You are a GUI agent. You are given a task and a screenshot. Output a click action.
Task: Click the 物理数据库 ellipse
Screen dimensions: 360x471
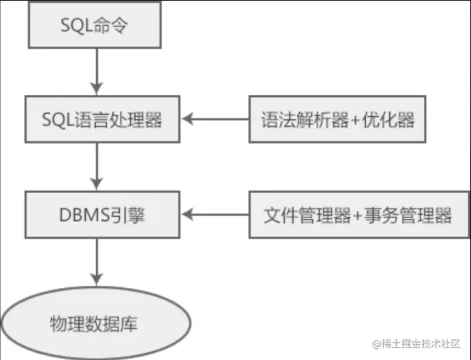tap(97, 323)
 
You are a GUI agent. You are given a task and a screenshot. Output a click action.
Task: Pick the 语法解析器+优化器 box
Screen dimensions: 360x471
tap(338, 120)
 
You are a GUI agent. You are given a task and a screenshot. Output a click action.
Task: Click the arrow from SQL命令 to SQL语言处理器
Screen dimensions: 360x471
tap(97, 73)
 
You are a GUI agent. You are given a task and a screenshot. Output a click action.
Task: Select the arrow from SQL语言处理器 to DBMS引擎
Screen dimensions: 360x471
tap(97, 167)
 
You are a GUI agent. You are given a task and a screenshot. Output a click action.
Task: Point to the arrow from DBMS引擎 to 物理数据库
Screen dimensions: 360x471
tap(97, 261)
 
